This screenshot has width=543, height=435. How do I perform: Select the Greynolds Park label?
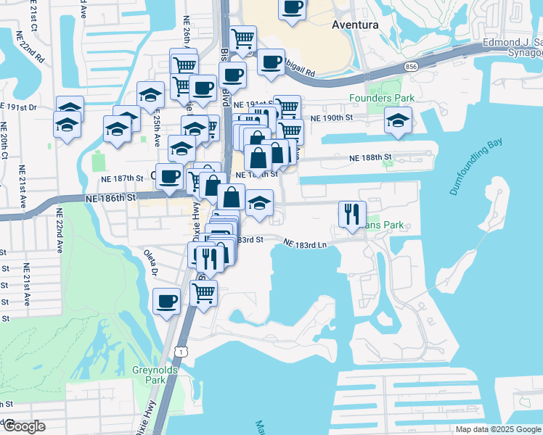[150, 375]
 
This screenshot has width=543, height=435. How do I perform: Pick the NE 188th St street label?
[370, 157]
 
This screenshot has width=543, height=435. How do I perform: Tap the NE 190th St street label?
[331, 117]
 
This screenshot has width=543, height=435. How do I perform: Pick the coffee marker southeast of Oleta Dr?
[166, 300]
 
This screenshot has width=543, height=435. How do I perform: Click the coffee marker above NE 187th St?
[170, 176]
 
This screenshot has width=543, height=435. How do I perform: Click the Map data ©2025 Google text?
[498, 429]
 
